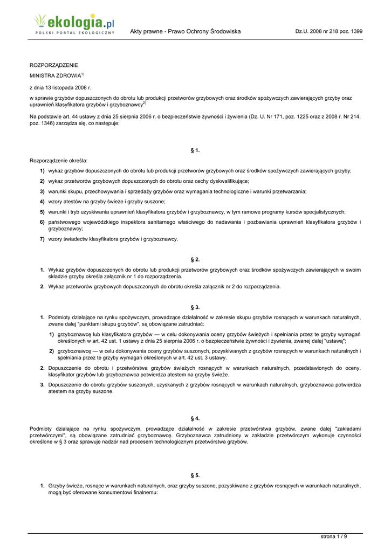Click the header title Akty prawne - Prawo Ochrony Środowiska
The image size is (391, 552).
[185, 31]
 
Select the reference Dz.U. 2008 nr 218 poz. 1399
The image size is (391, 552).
[328, 31]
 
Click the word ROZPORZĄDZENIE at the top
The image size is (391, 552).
[53, 65]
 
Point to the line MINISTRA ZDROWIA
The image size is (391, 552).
[55, 76]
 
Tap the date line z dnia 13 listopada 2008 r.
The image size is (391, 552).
[60, 87]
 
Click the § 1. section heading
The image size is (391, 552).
[195, 150]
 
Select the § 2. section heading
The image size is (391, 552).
[195, 259]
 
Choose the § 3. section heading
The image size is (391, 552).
[195, 307]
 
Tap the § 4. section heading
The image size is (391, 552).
[195, 418]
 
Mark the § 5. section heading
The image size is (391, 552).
[195, 475]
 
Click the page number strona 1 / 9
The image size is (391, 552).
[334, 536]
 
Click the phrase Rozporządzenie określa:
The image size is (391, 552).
[58, 161]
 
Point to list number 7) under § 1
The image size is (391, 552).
[42, 239]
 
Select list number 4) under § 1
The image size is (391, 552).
[42, 201]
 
